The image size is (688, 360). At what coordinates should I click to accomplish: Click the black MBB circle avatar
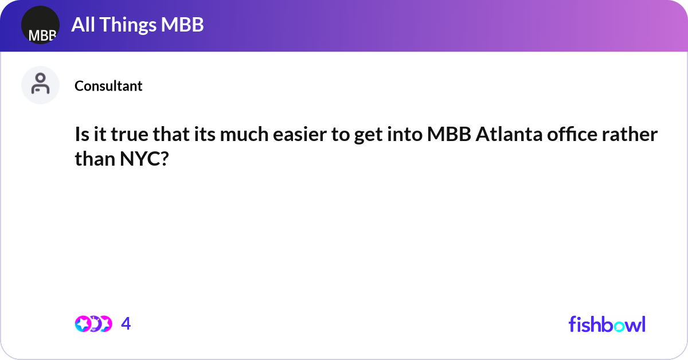coord(40,25)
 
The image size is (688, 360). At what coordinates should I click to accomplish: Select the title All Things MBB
coord(138,25)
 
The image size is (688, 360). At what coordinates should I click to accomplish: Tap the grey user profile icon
coord(40,85)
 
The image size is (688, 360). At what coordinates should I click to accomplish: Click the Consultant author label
coord(108,86)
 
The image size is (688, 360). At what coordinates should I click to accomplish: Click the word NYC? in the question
coord(144,159)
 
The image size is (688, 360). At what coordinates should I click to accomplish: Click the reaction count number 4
coord(126,324)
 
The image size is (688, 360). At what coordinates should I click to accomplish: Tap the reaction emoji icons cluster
coord(93,324)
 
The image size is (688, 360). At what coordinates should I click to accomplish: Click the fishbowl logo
coord(607,324)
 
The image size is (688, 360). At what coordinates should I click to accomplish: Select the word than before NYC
coord(95,159)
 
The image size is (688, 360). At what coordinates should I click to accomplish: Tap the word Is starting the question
coord(82,136)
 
